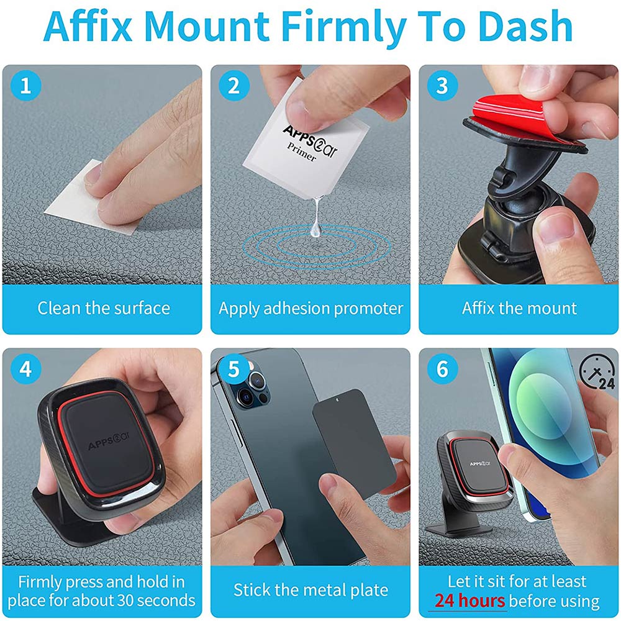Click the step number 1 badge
(x=25, y=86)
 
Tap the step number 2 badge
(x=233, y=86)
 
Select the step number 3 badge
(x=442, y=86)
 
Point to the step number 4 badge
(x=25, y=369)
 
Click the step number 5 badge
(x=233, y=369)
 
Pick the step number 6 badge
(x=442, y=369)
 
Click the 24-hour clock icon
(x=598, y=371)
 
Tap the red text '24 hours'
(x=469, y=601)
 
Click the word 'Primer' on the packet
(x=301, y=152)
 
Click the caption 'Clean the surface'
(x=103, y=308)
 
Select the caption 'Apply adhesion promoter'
(x=310, y=308)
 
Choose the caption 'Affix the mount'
(x=519, y=308)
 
